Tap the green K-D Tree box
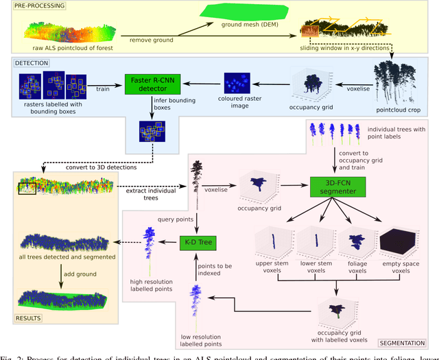(x=198, y=243)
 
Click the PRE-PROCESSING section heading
(x=35, y=6)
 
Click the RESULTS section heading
(x=26, y=317)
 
